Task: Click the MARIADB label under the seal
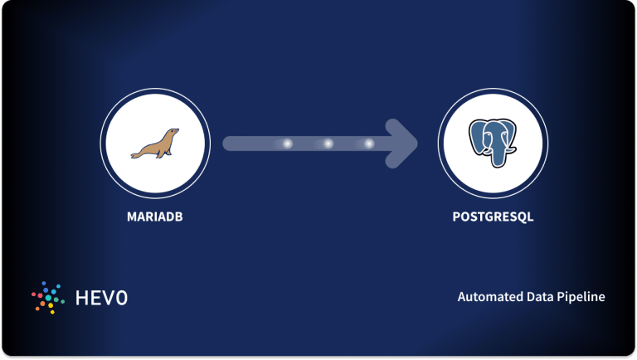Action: pyautogui.click(x=154, y=218)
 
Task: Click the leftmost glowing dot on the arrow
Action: pyautogui.click(x=288, y=144)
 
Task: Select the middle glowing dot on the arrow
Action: pyautogui.click(x=328, y=144)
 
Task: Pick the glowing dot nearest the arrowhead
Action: pyautogui.click(x=369, y=144)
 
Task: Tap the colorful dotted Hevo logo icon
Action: pyautogui.click(x=48, y=297)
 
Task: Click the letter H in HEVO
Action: pyautogui.click(x=81, y=297)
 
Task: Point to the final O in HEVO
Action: pyautogui.click(x=122, y=297)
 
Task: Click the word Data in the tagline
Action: pyautogui.click(x=530, y=297)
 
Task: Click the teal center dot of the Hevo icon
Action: pyautogui.click(x=49, y=297)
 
